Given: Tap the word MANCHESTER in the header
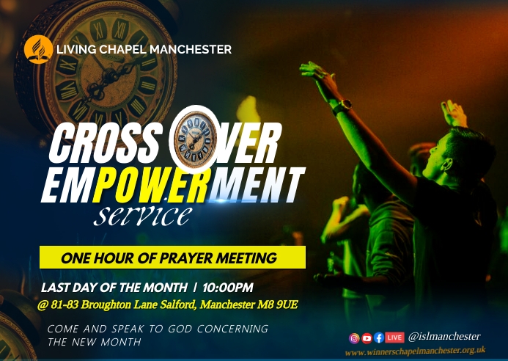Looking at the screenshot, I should pyautogui.click(x=194, y=50).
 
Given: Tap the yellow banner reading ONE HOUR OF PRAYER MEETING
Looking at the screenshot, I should pyautogui.click(x=172, y=258).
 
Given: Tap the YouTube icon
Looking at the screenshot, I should pyautogui.click(x=367, y=338).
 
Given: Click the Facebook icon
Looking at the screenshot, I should pyautogui.click(x=378, y=338).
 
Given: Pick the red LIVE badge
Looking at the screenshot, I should pyautogui.click(x=394, y=338).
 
